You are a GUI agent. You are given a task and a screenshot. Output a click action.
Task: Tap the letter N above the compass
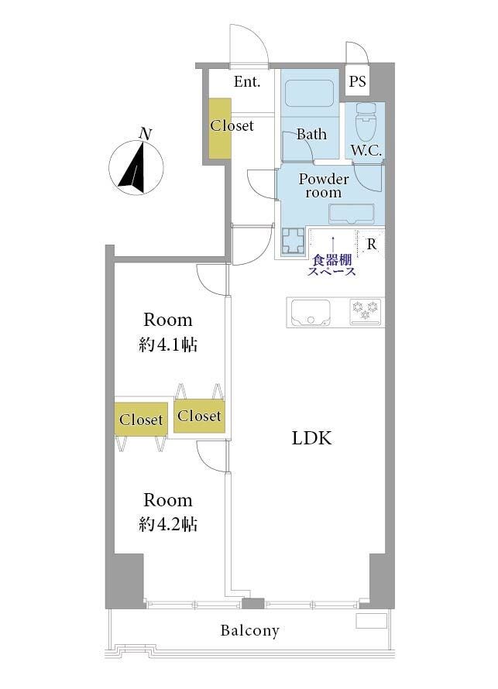145,134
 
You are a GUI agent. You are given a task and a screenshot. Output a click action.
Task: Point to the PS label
357,81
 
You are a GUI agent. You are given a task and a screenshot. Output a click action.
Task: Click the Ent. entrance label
247,82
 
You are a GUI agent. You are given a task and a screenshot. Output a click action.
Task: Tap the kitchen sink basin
311,313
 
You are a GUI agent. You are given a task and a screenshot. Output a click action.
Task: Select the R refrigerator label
372,244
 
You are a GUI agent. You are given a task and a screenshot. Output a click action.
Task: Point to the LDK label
311,438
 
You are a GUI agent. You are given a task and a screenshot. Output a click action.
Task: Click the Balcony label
249,631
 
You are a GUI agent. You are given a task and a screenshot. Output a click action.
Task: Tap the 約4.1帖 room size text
168,345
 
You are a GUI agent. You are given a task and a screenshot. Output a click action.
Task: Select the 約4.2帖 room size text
168,524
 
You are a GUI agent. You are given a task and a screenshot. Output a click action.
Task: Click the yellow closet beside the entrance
220,129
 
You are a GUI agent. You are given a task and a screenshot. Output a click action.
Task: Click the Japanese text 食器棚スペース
331,266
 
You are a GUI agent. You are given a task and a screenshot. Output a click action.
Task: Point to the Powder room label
324,186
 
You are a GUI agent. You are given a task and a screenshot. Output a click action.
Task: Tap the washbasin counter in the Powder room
352,214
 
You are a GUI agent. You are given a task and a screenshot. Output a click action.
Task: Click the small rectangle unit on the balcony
372,621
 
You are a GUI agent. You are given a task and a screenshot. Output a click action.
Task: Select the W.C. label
366,151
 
